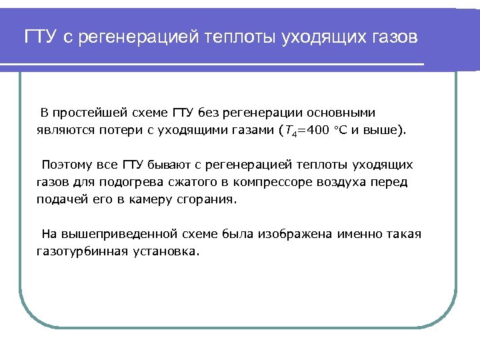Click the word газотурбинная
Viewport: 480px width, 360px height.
click(79, 251)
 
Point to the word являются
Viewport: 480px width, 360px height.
click(62, 129)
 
